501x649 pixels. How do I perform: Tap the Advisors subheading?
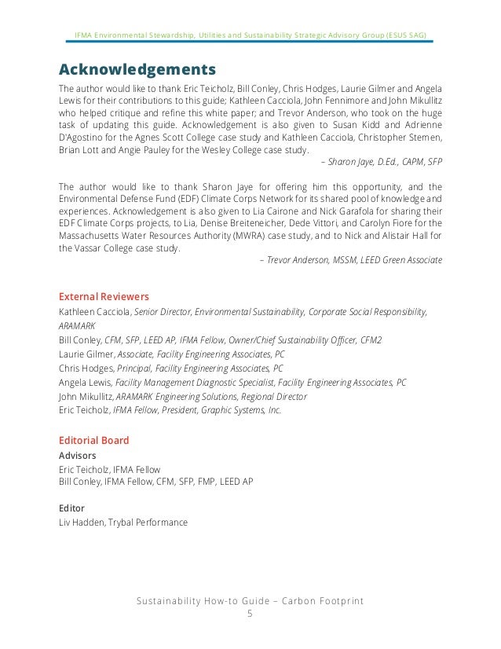point(78,456)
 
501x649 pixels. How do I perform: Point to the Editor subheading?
point(71,508)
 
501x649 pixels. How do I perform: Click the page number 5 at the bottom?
point(250,614)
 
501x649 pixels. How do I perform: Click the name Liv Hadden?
point(82,522)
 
